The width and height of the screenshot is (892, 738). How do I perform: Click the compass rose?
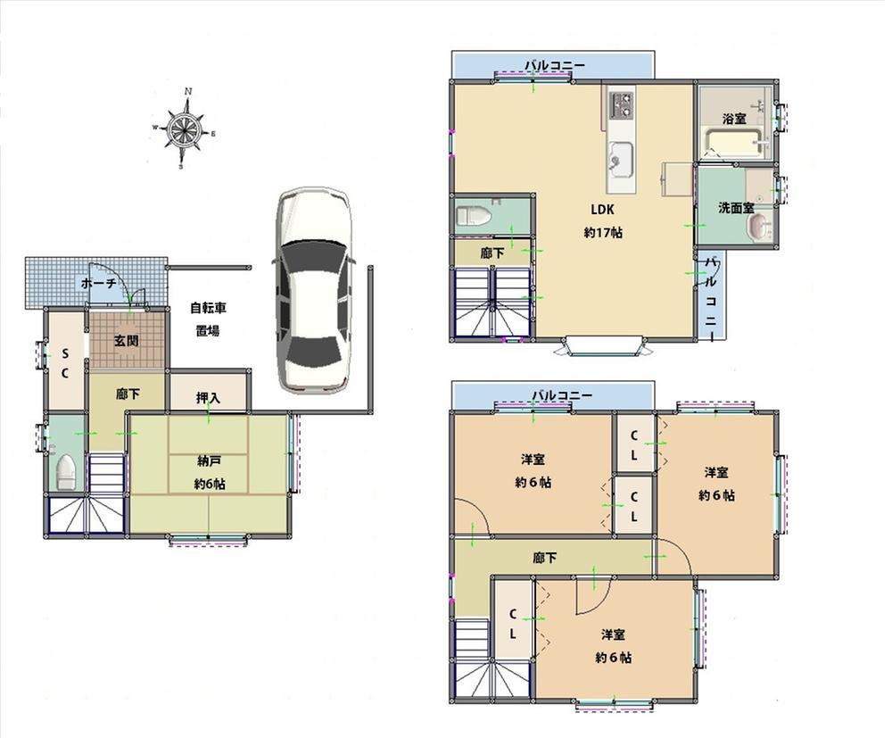coord(185,130)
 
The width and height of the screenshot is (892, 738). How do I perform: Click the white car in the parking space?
coord(313,290)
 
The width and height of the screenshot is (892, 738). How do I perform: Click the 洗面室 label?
coord(736,208)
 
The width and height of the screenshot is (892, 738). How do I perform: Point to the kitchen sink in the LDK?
coord(619,162)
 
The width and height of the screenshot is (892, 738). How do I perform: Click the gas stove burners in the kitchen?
coord(620,104)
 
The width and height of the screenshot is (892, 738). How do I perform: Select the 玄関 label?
coord(126,340)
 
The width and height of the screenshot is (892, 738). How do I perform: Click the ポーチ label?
coord(98,283)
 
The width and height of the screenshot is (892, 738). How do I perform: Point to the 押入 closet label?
coord(208,397)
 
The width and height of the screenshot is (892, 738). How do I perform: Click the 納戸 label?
coord(210,461)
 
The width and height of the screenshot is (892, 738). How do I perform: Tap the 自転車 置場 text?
coord(208,319)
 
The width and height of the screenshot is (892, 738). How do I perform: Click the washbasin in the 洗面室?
coord(757,230)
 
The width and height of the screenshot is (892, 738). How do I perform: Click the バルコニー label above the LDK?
coord(554,65)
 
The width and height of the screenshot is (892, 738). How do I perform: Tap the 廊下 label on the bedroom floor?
coord(545,559)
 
